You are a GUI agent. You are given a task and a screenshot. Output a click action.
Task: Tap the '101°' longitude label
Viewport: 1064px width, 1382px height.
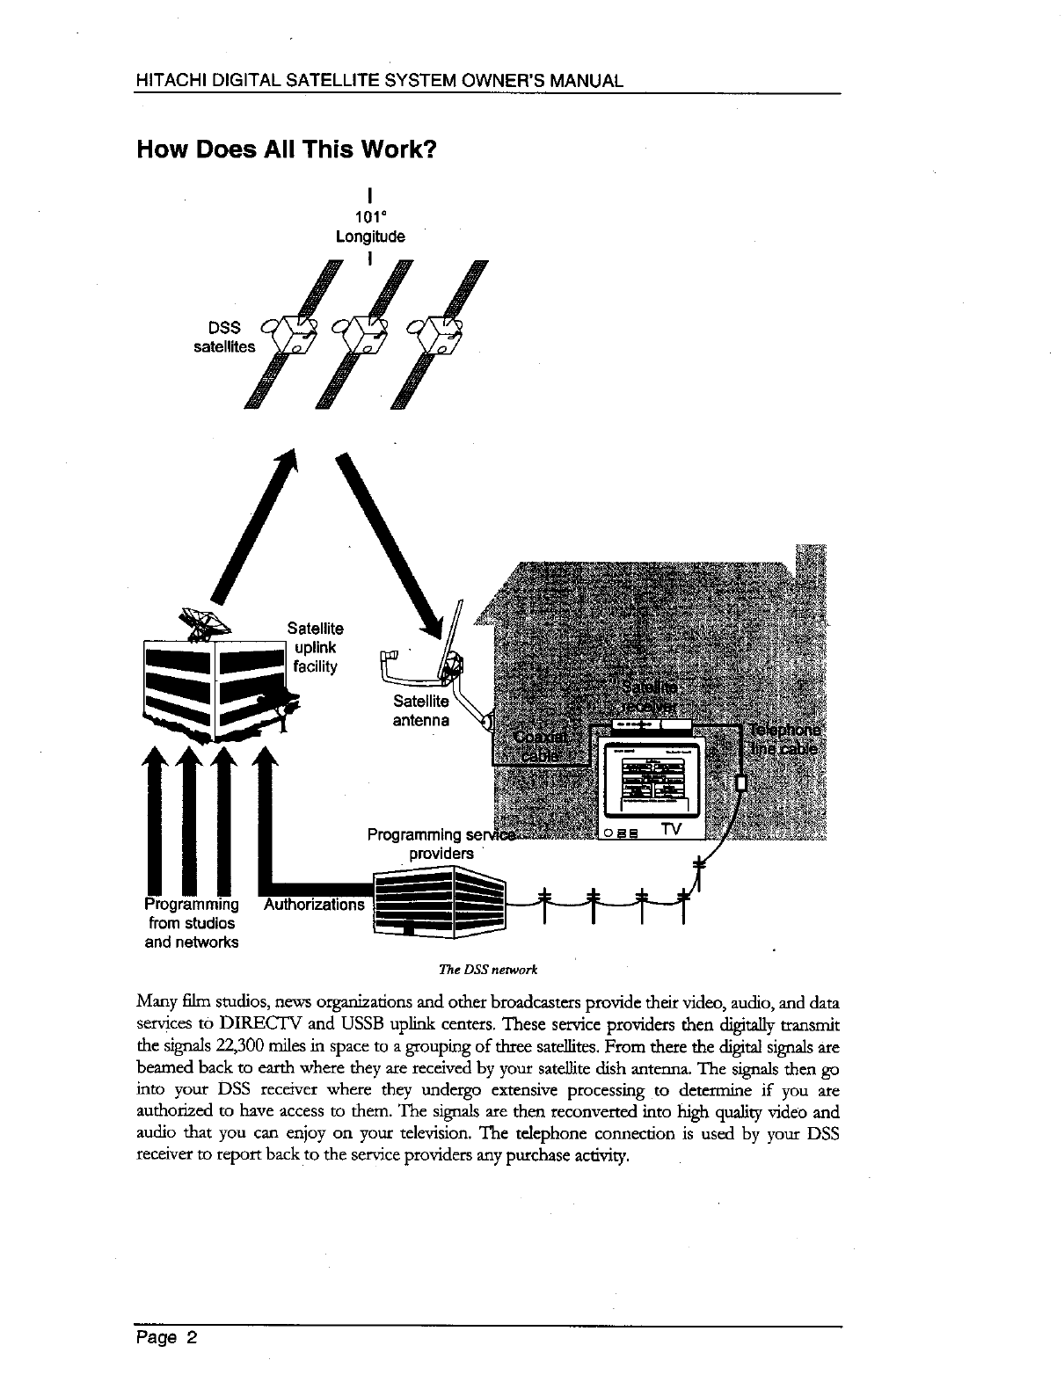point(370,218)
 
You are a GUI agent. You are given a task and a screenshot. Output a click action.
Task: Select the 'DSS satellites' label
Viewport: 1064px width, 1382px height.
point(224,338)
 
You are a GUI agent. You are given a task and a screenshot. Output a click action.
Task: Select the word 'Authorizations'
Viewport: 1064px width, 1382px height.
point(314,905)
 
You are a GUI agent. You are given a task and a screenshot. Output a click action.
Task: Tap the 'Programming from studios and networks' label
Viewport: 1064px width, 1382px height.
point(192,923)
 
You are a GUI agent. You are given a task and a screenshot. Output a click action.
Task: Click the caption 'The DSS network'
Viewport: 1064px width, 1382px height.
point(487,970)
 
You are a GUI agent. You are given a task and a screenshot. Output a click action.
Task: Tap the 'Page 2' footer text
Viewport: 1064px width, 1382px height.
point(166,1339)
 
